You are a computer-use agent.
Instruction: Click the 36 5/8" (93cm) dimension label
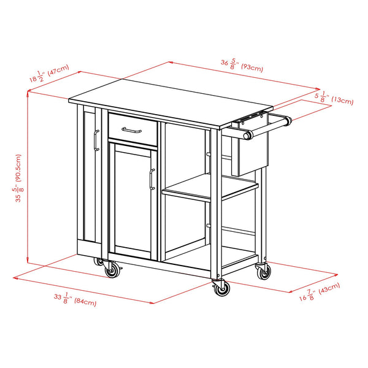click(242, 65)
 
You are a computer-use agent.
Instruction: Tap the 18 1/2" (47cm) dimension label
click(49, 73)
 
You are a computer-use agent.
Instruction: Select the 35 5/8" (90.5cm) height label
click(18, 178)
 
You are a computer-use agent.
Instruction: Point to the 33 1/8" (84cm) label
click(75, 299)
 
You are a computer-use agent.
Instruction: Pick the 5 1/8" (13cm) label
click(334, 98)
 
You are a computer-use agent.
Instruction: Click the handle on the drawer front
click(131, 130)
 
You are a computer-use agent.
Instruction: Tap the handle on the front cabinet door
click(152, 179)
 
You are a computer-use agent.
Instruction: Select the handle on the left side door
click(96, 140)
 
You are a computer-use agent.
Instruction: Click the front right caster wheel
click(221, 288)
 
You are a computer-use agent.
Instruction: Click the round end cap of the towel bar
click(247, 136)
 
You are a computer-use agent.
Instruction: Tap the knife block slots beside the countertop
click(250, 117)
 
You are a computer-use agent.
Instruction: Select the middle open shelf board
click(210, 187)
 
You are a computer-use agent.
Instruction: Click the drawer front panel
click(133, 129)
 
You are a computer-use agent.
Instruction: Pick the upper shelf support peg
click(208, 154)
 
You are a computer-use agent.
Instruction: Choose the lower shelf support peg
click(208, 226)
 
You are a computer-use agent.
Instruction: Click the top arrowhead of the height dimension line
click(28, 93)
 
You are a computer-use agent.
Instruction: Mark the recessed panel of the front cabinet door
click(132, 201)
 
